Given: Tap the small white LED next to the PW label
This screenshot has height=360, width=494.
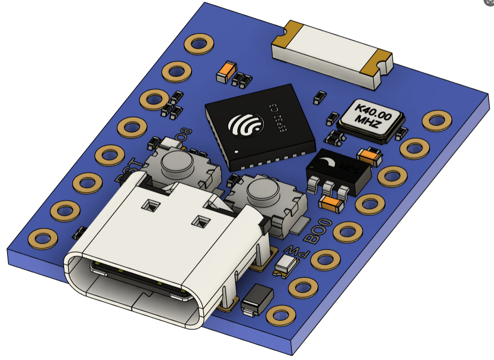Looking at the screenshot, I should tap(286, 265).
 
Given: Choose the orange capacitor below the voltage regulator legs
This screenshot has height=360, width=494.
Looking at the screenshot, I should tap(332, 203).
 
